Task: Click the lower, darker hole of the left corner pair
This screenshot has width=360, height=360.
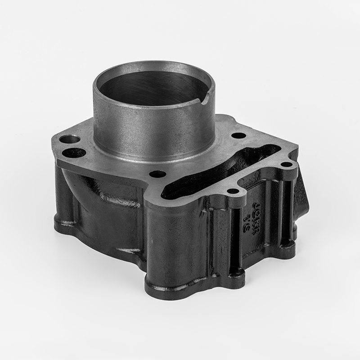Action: point(73,153)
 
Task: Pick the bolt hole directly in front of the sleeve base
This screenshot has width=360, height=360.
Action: point(157,174)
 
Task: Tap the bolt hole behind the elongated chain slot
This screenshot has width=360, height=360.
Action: point(238,135)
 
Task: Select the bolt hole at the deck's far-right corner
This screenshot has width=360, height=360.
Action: point(286,164)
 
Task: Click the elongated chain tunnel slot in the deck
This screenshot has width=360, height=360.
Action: point(211,173)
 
